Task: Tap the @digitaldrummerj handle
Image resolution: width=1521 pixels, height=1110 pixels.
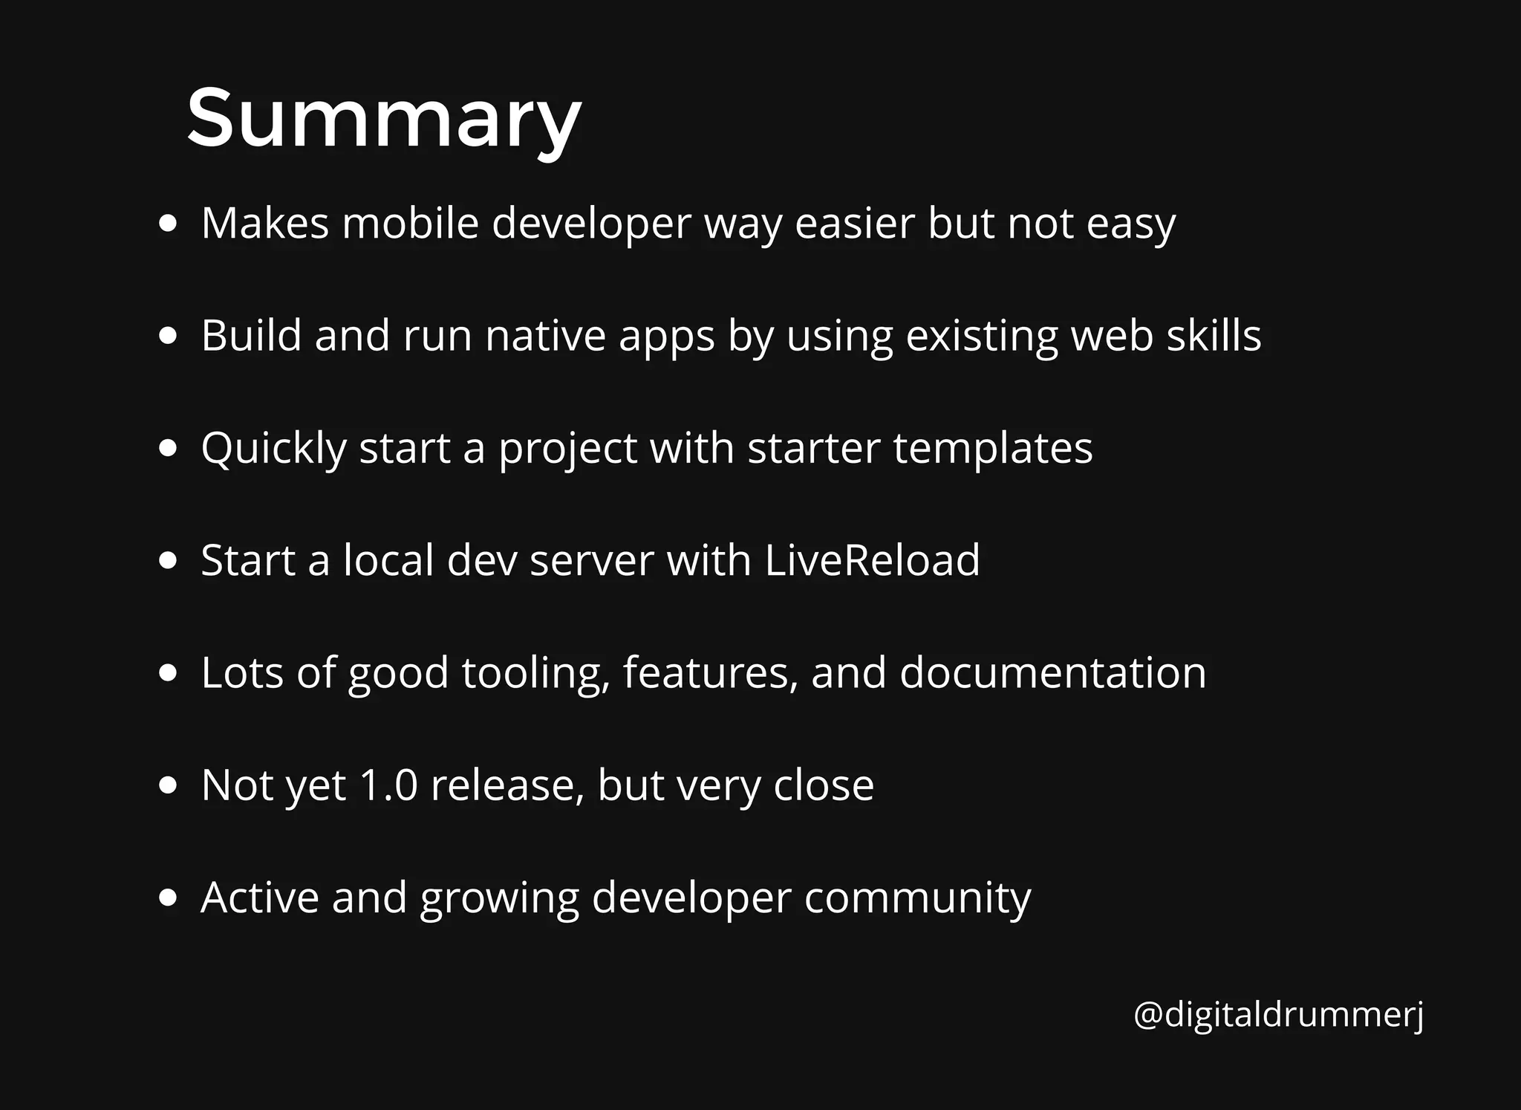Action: coord(1278,1014)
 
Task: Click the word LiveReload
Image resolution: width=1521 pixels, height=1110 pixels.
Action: coord(872,560)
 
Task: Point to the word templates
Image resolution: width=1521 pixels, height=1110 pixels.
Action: coord(993,448)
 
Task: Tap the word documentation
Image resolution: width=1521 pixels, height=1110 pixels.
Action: coord(1052,672)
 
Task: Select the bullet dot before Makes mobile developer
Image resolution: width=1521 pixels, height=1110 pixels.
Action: coord(169,224)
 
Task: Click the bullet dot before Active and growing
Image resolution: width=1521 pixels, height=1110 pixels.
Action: coord(169,898)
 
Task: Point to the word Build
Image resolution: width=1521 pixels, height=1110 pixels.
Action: coord(251,335)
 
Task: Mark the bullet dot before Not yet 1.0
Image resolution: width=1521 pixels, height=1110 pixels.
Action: coord(169,785)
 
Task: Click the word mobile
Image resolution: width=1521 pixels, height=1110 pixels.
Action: coord(410,223)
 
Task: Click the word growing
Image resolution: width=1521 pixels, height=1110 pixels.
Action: coord(499,898)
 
